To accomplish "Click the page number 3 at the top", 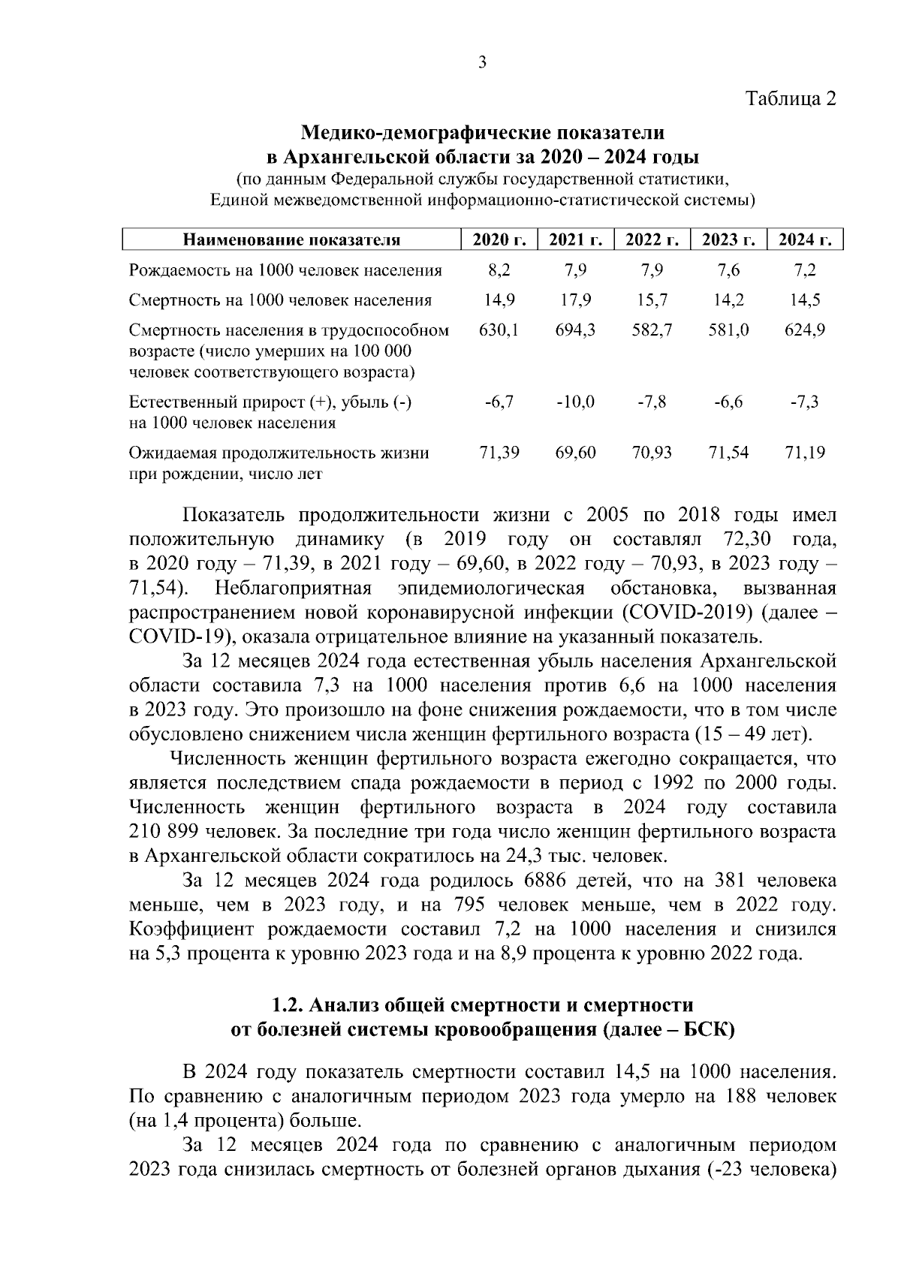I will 482,62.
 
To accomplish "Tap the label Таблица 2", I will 790,98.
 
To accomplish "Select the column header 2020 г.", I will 499,240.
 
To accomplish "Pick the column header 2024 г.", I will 805,240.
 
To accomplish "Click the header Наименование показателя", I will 292,240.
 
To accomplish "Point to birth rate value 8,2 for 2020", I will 499,270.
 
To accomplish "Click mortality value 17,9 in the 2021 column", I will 576,300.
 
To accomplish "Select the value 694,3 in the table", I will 576,330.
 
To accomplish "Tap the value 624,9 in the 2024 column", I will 805,330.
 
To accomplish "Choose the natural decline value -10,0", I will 576,402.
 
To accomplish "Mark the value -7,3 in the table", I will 805,402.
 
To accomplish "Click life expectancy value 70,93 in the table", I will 652,453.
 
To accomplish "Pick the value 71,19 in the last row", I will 805,453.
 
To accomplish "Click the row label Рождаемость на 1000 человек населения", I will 285,270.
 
